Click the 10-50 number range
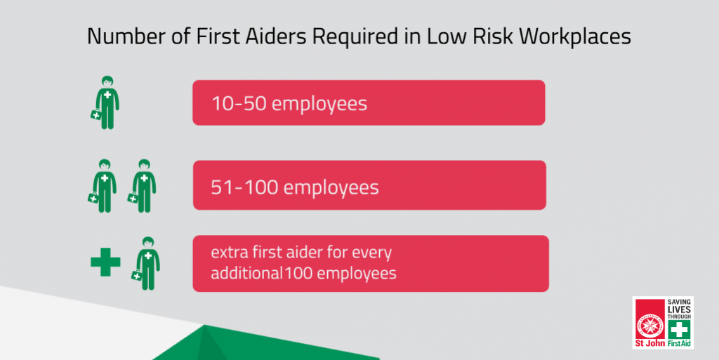pos(239,104)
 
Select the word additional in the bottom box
pos(246,273)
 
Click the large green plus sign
pos(105,262)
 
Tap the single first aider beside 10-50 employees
pos(105,102)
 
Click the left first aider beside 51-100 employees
pos(103,186)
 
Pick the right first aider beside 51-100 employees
pos(143,186)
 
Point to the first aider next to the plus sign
pos(146,263)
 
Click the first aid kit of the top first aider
pos(95,114)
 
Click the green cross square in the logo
pos(679,329)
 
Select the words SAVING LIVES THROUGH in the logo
pos(679,309)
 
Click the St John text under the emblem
pos(650,344)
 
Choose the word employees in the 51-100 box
pos(331,188)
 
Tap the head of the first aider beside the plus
pos(147,243)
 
